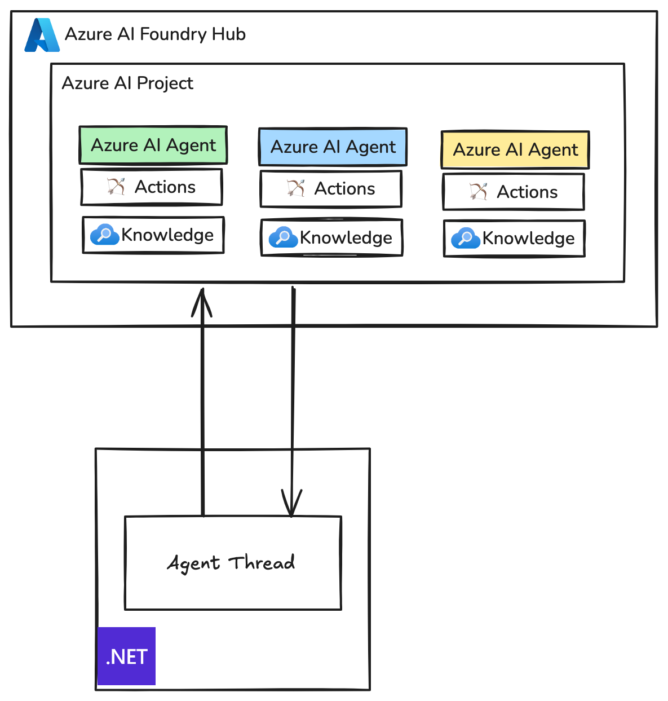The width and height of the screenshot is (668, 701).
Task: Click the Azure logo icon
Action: [42, 35]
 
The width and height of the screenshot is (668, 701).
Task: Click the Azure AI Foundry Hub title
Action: [155, 34]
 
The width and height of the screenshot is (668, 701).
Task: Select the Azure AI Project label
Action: [127, 83]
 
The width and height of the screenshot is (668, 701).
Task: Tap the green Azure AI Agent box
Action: [153, 145]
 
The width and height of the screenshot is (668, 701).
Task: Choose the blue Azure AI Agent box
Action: [333, 147]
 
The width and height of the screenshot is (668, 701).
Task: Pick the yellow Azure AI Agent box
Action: [515, 150]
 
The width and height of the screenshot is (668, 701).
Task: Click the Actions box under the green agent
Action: [152, 187]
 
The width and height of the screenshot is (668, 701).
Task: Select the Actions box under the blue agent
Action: [331, 189]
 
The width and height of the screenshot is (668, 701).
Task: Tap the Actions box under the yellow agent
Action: [514, 192]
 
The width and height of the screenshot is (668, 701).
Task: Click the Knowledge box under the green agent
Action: [153, 235]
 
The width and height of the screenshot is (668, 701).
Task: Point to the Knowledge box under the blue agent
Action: [331, 237]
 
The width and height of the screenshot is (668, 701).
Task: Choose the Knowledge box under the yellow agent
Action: [514, 239]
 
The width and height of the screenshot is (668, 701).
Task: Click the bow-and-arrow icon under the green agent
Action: [116, 186]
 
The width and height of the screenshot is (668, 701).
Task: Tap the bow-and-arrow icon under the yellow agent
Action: [478, 192]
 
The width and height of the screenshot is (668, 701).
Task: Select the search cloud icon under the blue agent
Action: [282, 237]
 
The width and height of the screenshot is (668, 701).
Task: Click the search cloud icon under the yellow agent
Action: [465, 239]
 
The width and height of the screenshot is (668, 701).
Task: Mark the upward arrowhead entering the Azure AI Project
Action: [202, 302]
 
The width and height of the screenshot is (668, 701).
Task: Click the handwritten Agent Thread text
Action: [231, 563]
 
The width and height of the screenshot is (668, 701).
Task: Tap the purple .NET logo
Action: [127, 656]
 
